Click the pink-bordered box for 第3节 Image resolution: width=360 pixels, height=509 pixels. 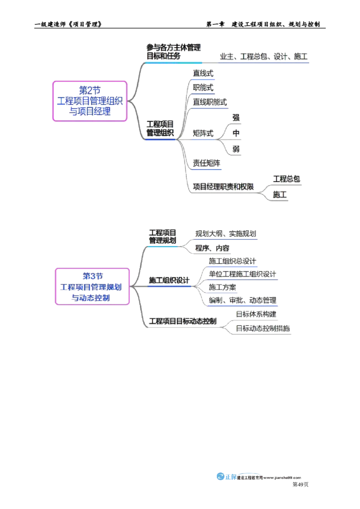coord(92,286)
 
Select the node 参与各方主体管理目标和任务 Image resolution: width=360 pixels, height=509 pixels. coord(174,52)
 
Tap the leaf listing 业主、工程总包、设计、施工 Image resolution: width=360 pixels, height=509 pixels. coord(264,57)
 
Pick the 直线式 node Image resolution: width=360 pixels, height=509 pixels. coord(203,73)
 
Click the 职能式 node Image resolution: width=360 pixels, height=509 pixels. coord(203,87)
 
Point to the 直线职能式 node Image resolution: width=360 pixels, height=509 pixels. coord(210,102)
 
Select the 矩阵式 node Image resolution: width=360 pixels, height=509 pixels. coord(204,133)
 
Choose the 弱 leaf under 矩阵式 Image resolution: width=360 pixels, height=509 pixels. coord(236,148)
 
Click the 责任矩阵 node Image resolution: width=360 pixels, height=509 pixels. coord(207,164)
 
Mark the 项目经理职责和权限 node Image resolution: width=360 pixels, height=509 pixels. coord(224,186)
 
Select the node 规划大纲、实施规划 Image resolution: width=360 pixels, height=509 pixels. coord(226,234)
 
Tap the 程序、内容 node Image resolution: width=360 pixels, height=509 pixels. coord(212,248)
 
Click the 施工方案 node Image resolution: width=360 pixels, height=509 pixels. coord(223,287)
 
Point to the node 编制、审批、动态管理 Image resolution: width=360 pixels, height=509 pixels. coord(242,299)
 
